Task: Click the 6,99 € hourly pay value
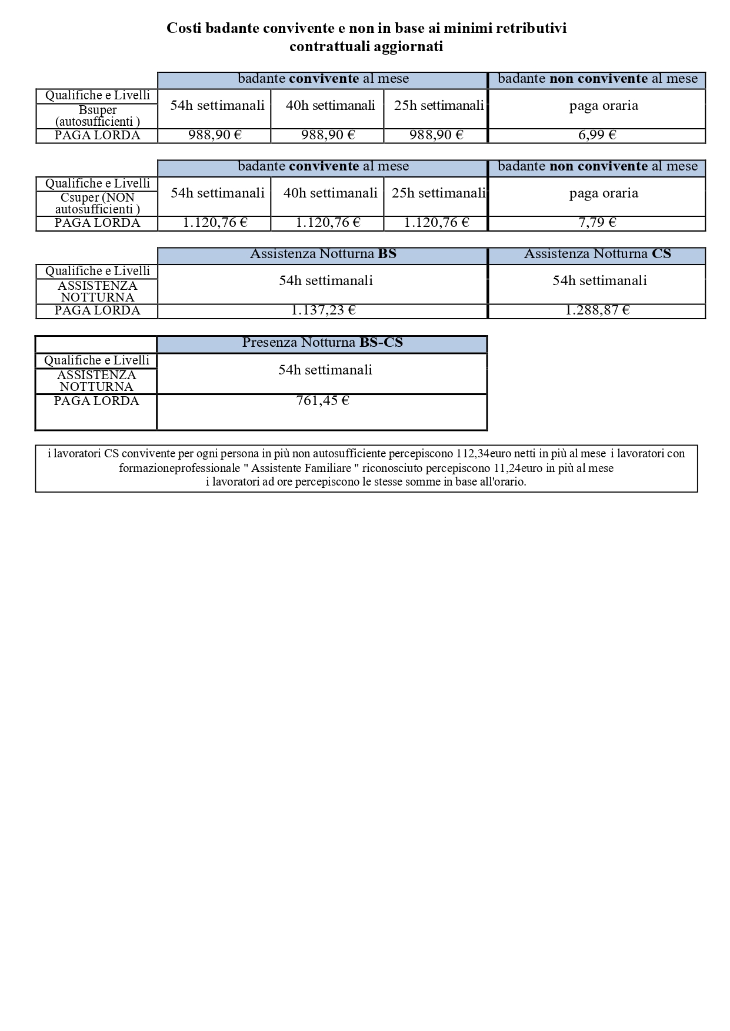pyautogui.click(x=596, y=135)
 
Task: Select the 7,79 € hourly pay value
pyautogui.click(x=596, y=223)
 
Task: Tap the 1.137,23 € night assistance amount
pyautogui.click(x=323, y=310)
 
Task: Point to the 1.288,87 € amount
pyautogui.click(x=597, y=310)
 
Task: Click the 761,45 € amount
pyautogui.click(x=322, y=401)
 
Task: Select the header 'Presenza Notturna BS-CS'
pyautogui.click(x=322, y=343)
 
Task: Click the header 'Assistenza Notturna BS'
pyautogui.click(x=323, y=254)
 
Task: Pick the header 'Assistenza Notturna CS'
pyautogui.click(x=597, y=254)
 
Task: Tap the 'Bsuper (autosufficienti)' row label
pyautogui.click(x=98, y=116)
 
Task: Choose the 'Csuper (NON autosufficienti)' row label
pyautogui.click(x=98, y=203)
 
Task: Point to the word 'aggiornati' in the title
pyautogui.click(x=411, y=46)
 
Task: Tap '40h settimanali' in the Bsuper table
pyautogui.click(x=330, y=106)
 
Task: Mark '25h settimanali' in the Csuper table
pyautogui.click(x=438, y=193)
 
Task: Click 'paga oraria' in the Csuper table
pyautogui.click(x=604, y=193)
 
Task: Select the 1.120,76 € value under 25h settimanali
pyautogui.click(x=436, y=223)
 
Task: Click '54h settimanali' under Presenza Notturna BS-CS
pyautogui.click(x=325, y=370)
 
